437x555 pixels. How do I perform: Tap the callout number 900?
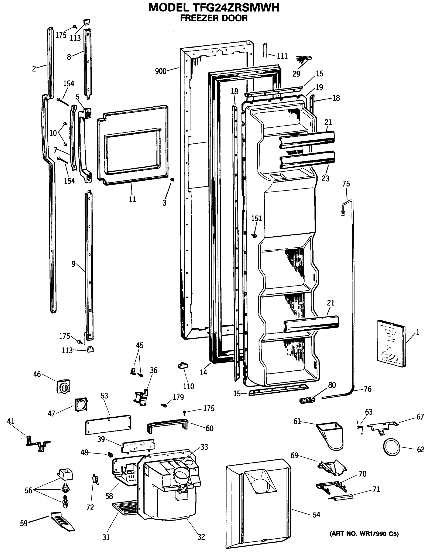coord(160,71)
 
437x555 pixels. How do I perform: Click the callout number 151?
coord(256,218)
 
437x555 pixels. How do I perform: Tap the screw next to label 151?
coord(254,236)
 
